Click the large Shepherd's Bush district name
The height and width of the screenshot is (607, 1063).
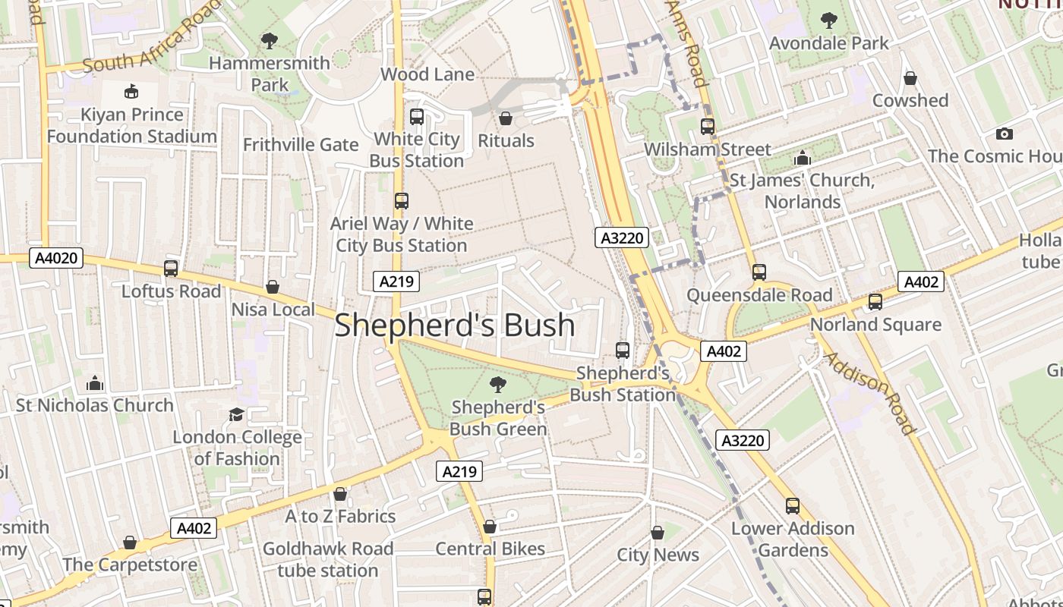pyautogui.click(x=454, y=325)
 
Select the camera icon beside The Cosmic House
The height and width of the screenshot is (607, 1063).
pyautogui.click(x=1004, y=134)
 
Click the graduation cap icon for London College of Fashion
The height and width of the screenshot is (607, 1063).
pyautogui.click(x=236, y=414)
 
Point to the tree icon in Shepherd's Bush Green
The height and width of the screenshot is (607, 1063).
pyautogui.click(x=498, y=384)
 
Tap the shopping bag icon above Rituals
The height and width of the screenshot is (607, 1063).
pyautogui.click(x=505, y=118)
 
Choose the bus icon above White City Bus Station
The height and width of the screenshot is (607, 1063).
pyautogui.click(x=416, y=117)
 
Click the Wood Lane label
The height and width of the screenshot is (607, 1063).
pyautogui.click(x=427, y=74)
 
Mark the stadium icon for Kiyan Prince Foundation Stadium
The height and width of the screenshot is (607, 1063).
pyautogui.click(x=131, y=92)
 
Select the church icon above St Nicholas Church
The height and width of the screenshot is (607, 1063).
pyautogui.click(x=95, y=382)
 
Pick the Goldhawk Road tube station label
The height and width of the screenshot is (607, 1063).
pyautogui.click(x=328, y=559)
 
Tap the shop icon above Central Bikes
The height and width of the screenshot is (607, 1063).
pyautogui.click(x=490, y=526)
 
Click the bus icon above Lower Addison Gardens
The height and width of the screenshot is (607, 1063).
pyautogui.click(x=793, y=505)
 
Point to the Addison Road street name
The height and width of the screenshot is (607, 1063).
pyautogui.click(x=870, y=392)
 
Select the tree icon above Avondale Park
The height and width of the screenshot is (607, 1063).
pyautogui.click(x=828, y=20)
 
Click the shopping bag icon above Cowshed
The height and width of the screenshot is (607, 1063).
pyautogui.click(x=910, y=78)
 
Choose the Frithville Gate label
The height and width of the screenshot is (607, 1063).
pyautogui.click(x=301, y=144)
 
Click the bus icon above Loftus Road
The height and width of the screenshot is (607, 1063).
pyautogui.click(x=171, y=268)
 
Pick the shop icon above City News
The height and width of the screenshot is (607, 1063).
pyautogui.click(x=658, y=533)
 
